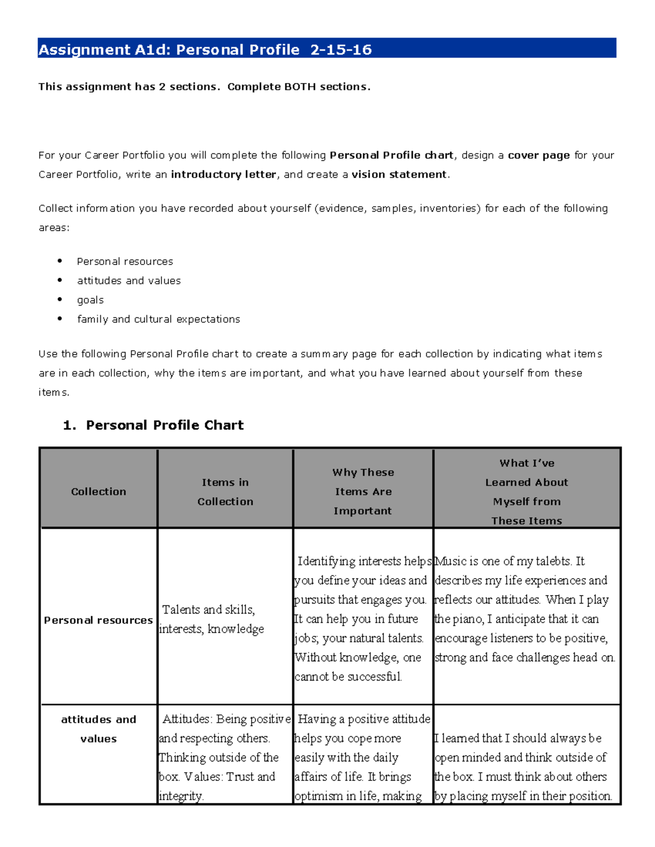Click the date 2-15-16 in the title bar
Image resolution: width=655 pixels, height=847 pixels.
pos(341,50)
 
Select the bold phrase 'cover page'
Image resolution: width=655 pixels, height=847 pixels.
pos(539,155)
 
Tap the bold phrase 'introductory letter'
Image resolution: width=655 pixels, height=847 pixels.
pos(223,175)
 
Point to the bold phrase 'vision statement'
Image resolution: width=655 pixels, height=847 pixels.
pos(399,175)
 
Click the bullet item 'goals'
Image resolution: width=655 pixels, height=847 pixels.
pos(90,300)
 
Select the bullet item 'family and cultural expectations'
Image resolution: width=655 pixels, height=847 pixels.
pos(158,319)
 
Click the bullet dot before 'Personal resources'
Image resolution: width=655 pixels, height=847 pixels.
pos(60,261)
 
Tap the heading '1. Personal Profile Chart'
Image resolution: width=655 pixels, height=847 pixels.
pos(153,425)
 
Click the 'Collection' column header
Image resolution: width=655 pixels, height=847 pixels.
pos(99,491)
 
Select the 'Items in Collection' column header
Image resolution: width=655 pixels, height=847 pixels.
pos(225,491)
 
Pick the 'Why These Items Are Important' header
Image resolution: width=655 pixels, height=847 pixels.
pos(363,491)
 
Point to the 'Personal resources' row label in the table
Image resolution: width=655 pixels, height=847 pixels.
pos(99,620)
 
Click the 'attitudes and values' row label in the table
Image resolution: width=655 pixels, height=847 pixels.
pos(99,729)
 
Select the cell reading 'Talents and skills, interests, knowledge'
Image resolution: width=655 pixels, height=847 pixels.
pos(212,619)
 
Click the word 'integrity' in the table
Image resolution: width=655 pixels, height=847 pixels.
pos(181,796)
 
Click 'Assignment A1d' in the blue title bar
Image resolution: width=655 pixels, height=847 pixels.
pos(104,50)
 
